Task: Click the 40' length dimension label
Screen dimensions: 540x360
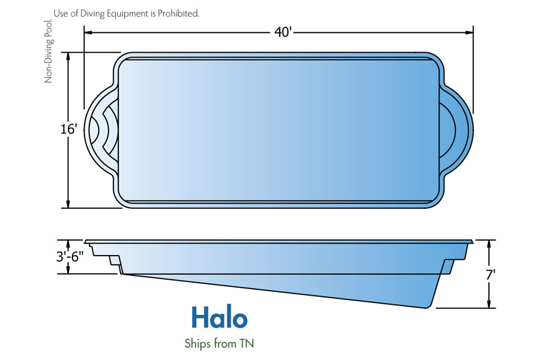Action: pyautogui.click(x=283, y=32)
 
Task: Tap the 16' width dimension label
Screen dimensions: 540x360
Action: pyautogui.click(x=68, y=129)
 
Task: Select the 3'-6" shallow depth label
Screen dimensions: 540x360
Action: pyautogui.click(x=70, y=257)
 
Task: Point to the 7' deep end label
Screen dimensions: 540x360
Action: pyautogui.click(x=490, y=275)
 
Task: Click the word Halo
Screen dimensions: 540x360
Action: pyautogui.click(x=220, y=317)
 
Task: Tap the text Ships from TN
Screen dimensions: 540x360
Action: pyautogui.click(x=219, y=343)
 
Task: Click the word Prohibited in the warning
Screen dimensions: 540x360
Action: pyautogui.click(x=178, y=13)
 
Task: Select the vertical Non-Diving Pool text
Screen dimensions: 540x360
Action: pyautogui.click(x=48, y=52)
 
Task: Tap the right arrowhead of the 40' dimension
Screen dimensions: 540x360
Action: pyautogui.click(x=469, y=33)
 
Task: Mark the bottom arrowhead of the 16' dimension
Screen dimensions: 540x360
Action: pyautogui.click(x=68, y=203)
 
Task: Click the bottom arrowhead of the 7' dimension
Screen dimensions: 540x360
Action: pyautogui.click(x=488, y=304)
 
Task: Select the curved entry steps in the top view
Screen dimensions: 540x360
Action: pyautogui.click(x=104, y=130)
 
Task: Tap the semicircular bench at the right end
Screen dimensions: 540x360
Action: pyautogui.click(x=448, y=130)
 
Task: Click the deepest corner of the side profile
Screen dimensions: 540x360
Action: pyautogui.click(x=427, y=307)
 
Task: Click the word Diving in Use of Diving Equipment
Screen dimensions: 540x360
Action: pyautogui.click(x=92, y=14)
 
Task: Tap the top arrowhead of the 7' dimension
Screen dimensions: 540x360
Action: pyautogui.click(x=488, y=245)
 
